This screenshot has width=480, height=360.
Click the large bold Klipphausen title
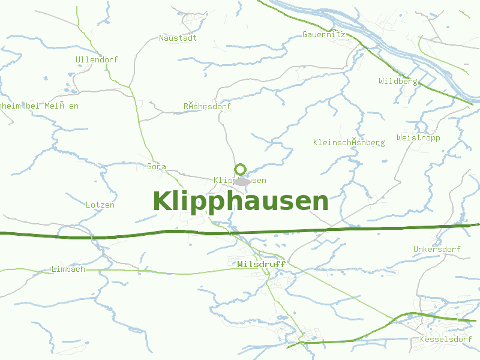coord(241,202)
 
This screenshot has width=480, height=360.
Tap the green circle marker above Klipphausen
coord(241,169)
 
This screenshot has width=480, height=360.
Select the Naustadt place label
coord(178,38)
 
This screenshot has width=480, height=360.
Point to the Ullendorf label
coord(97,59)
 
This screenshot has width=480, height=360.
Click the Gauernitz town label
coord(324,35)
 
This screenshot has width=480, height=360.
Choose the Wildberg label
coord(398,81)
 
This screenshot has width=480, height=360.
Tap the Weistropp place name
coord(418,137)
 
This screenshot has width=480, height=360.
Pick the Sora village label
coord(157,166)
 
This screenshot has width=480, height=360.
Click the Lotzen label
coord(100,205)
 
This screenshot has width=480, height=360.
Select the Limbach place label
coord(68,269)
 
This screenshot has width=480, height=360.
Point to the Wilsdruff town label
coord(262,264)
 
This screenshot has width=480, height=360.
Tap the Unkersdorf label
coord(437,249)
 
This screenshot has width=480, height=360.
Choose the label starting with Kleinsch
coord(349,142)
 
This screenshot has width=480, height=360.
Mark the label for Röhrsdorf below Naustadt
coord(207,106)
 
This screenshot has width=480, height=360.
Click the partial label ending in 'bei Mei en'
coord(39,106)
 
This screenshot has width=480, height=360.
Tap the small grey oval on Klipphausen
coord(242,181)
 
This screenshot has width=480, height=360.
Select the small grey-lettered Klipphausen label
coord(223,181)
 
